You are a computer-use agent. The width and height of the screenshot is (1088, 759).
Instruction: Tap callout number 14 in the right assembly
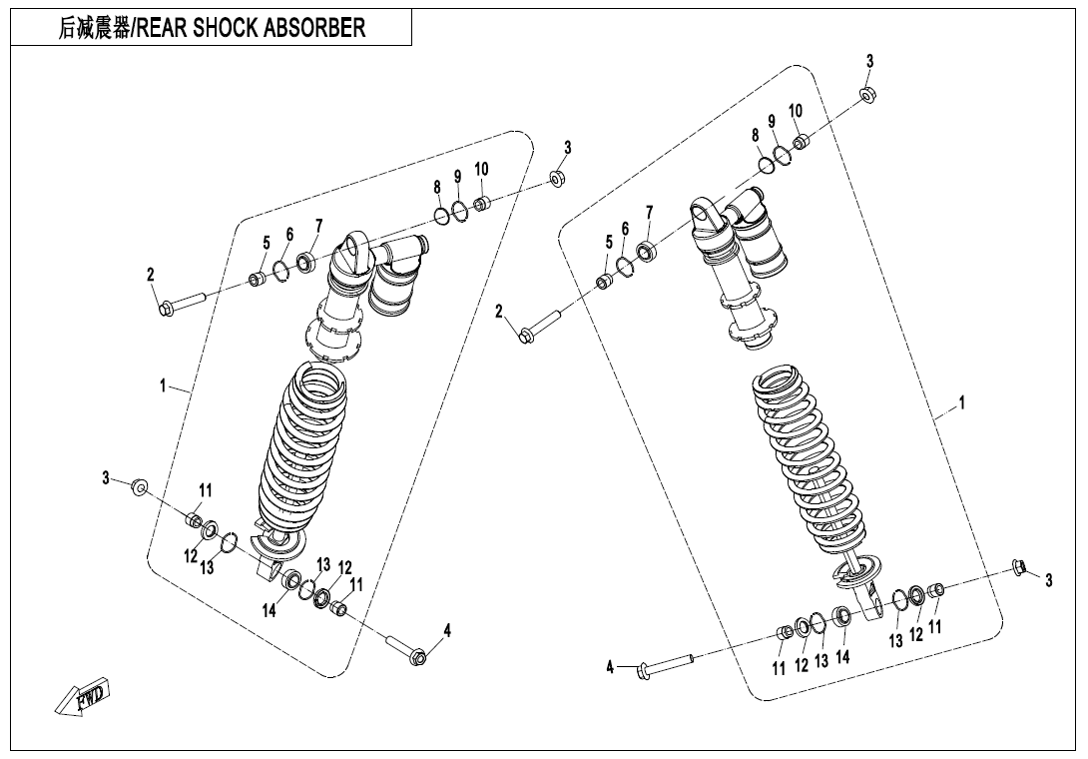842,657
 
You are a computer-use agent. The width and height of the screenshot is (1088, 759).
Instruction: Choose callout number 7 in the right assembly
650,212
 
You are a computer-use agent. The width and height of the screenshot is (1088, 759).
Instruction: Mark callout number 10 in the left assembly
481,169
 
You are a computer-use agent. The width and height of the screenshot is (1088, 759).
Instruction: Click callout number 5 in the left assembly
267,243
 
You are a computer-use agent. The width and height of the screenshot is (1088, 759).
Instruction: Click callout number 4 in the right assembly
610,666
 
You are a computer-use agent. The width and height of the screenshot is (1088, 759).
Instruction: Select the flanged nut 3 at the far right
1020,567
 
